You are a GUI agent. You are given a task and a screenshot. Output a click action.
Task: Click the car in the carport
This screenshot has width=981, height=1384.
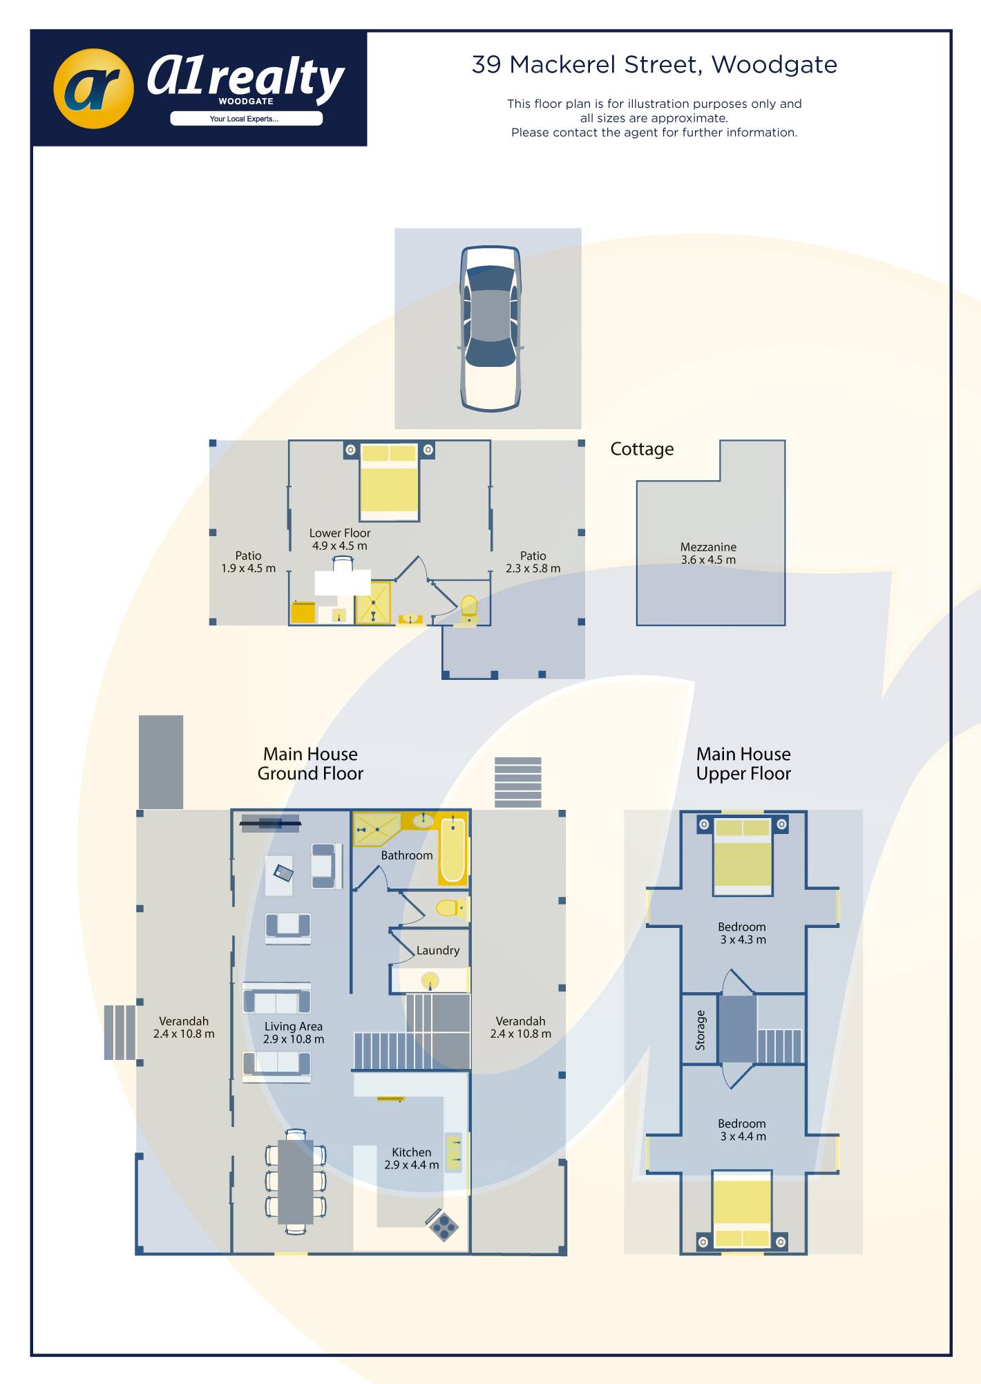(490, 328)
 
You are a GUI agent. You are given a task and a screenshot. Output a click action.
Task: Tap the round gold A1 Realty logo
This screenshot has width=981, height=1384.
(93, 88)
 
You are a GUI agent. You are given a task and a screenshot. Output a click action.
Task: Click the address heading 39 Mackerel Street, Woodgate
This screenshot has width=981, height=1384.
(654, 64)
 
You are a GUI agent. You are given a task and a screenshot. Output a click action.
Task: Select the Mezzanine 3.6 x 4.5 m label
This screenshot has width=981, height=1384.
(708, 553)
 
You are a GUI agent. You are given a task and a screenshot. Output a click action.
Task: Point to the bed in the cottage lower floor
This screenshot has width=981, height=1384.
(389, 481)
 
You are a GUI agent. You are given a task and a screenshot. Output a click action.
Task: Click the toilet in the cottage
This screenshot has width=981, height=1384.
(469, 608)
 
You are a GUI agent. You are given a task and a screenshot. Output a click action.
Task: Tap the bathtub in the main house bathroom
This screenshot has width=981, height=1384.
(453, 849)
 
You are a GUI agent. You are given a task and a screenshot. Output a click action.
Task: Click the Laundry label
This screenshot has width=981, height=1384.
(438, 951)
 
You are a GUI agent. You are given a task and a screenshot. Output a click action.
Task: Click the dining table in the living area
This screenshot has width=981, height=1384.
(296, 1182)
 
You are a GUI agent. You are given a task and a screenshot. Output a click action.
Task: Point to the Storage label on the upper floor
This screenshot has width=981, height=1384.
(701, 1030)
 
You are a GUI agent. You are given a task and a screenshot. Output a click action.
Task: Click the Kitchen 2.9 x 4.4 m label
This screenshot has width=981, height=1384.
(412, 1159)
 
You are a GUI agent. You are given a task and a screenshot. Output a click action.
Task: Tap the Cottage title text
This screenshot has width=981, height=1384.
(642, 449)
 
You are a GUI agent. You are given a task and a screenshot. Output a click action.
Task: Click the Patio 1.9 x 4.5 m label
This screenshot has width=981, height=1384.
(248, 562)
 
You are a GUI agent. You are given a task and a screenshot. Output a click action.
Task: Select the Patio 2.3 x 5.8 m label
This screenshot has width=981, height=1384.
(533, 562)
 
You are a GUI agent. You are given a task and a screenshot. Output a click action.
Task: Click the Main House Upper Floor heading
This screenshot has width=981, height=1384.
(743, 764)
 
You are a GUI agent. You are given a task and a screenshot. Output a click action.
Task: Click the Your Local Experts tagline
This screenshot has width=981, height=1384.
(245, 119)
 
